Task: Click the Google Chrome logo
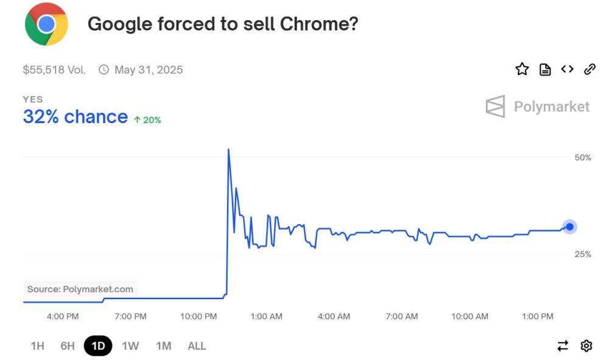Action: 46,24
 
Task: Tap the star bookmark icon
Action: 522,69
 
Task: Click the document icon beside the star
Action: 545,69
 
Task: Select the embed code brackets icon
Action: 567,69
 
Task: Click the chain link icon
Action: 590,69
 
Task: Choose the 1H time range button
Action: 37,346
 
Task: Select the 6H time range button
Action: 67,346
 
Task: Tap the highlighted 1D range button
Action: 98,346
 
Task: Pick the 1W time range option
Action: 130,346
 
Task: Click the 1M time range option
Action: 163,346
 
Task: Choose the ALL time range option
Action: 197,346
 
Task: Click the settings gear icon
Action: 586,346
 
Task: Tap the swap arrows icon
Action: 563,346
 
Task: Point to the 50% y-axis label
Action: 583,158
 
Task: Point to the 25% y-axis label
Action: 583,254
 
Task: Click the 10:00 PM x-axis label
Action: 199,317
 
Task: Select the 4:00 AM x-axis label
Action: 334,317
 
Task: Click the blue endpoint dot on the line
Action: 569,227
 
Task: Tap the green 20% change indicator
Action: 147,120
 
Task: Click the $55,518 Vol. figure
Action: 54,70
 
